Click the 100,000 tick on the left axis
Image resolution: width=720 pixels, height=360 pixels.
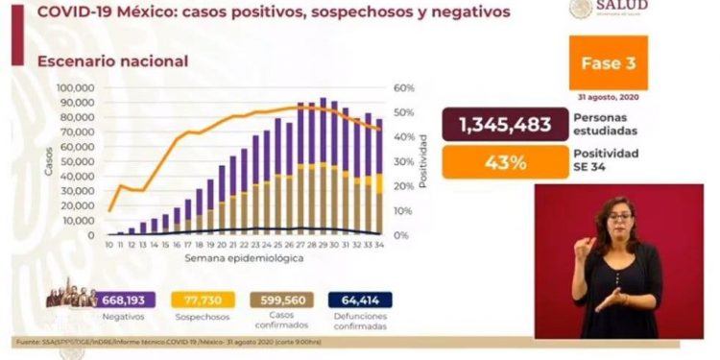click(74, 87)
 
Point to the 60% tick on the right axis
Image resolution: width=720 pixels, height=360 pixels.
click(404, 87)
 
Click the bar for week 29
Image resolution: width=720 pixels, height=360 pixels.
click(323, 166)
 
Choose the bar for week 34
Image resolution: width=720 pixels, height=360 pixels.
click(378, 177)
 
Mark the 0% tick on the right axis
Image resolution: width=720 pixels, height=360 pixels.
click(401, 235)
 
